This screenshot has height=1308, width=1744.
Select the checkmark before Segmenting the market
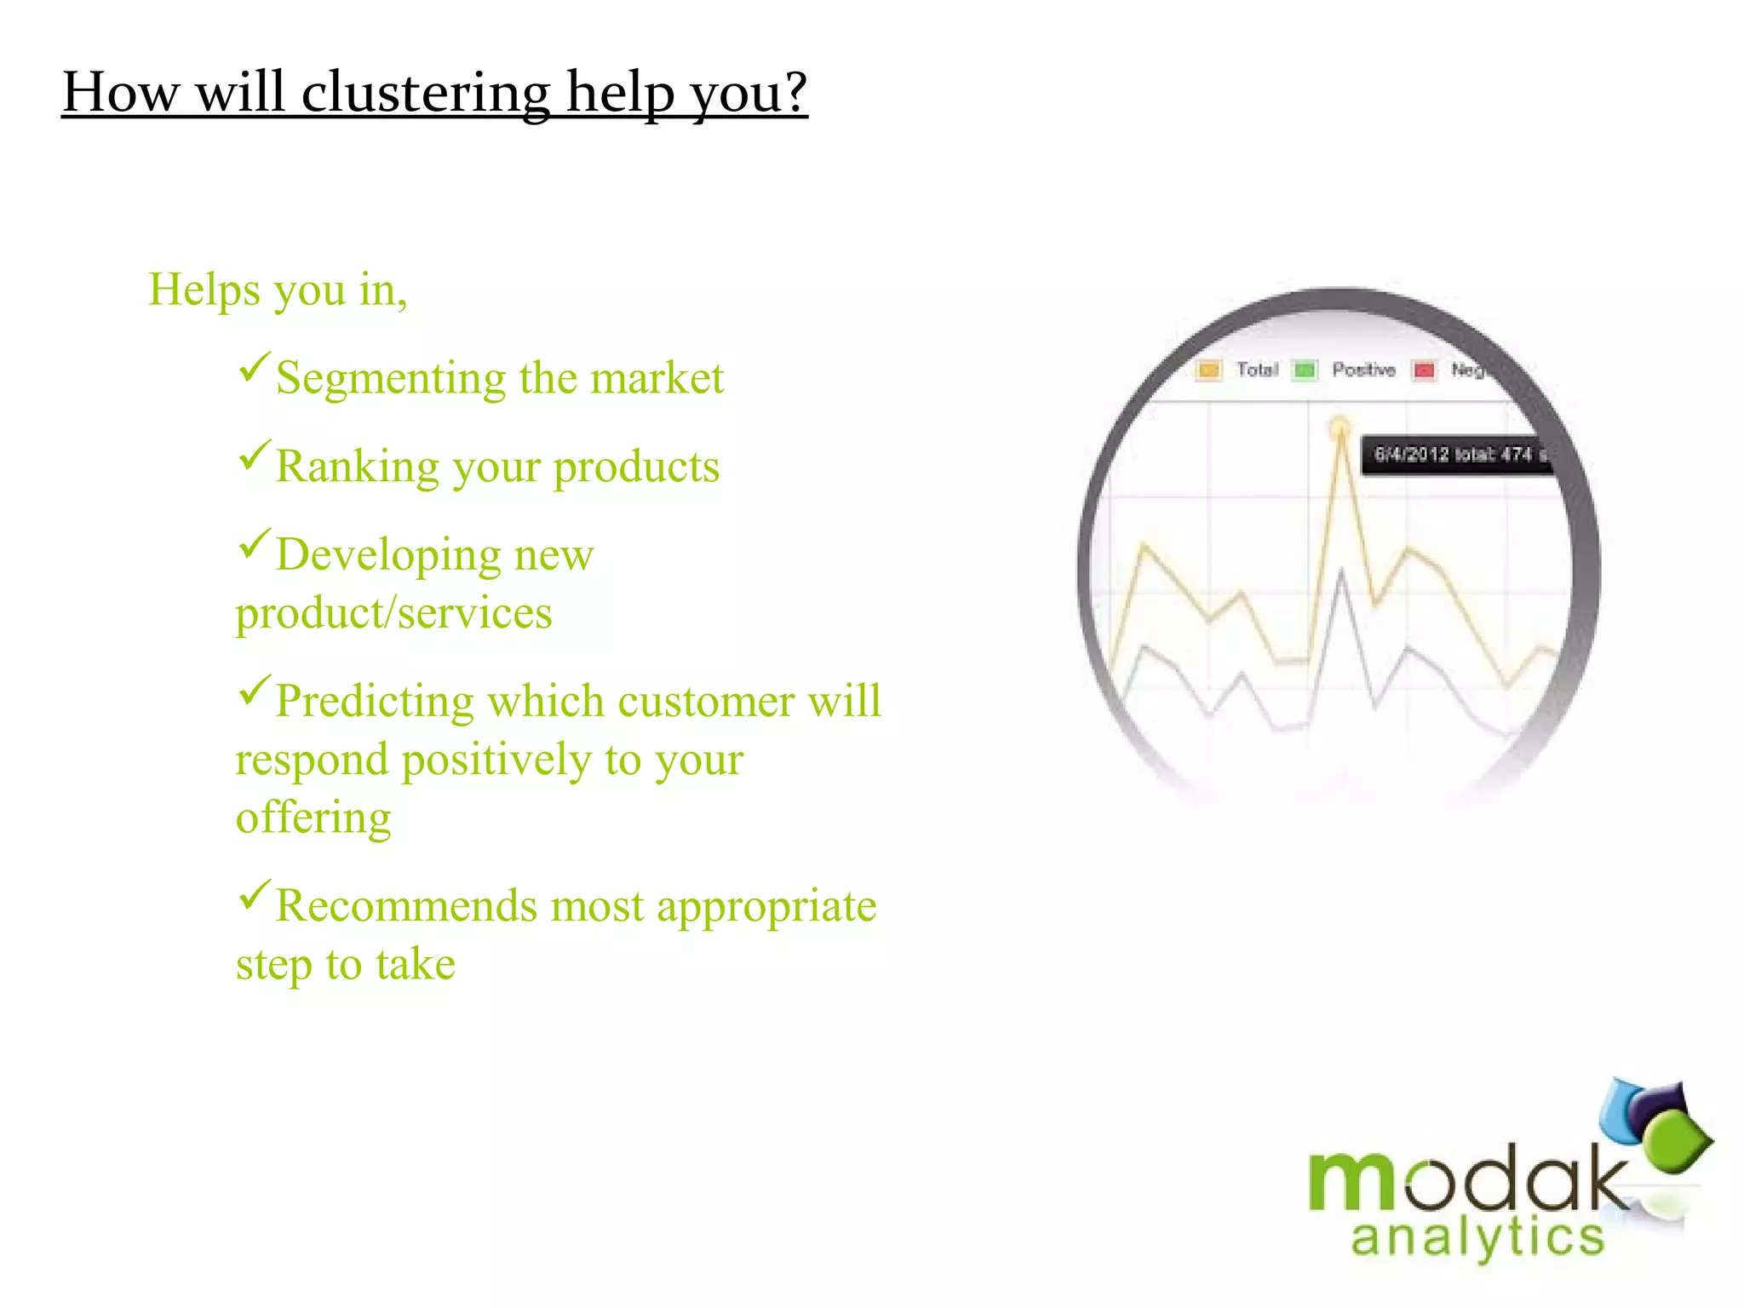tap(254, 368)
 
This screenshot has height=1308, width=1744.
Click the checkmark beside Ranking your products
tap(254, 456)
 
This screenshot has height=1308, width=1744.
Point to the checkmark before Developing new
tap(254, 544)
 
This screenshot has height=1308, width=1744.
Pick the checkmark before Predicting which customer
tap(254, 691)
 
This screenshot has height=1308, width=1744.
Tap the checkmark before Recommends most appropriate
tap(254, 896)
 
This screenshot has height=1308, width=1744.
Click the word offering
tap(313, 817)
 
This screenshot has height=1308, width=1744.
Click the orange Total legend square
tap(1209, 370)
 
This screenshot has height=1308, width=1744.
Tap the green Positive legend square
tap(1305, 370)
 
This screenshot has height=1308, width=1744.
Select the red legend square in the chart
tap(1424, 370)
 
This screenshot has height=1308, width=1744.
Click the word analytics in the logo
tap(1477, 1237)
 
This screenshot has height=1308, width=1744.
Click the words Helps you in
tap(278, 290)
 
